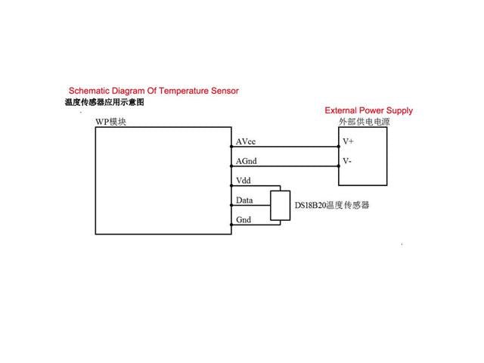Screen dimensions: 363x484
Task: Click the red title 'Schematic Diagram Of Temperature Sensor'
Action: pyautogui.click(x=154, y=91)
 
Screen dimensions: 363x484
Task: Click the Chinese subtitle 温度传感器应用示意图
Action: pyautogui.click(x=104, y=101)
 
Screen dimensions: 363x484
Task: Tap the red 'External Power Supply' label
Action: pyautogui.click(x=368, y=110)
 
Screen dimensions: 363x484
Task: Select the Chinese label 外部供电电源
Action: pyautogui.click(x=361, y=122)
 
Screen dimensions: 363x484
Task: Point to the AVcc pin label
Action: pyautogui.click(x=247, y=141)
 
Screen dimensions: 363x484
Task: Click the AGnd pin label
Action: pyautogui.click(x=248, y=161)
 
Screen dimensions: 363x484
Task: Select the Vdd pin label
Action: pyautogui.click(x=244, y=181)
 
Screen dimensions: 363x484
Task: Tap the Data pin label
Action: pyautogui.click(x=244, y=200)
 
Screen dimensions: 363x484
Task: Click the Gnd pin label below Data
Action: pyautogui.click(x=244, y=219)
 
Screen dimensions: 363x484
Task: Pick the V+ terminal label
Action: pyautogui.click(x=349, y=141)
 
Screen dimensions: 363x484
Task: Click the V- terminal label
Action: pyautogui.click(x=347, y=161)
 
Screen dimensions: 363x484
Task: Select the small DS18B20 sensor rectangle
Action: pyautogui.click(x=281, y=206)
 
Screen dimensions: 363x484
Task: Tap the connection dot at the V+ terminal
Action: pyautogui.click(x=338, y=147)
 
